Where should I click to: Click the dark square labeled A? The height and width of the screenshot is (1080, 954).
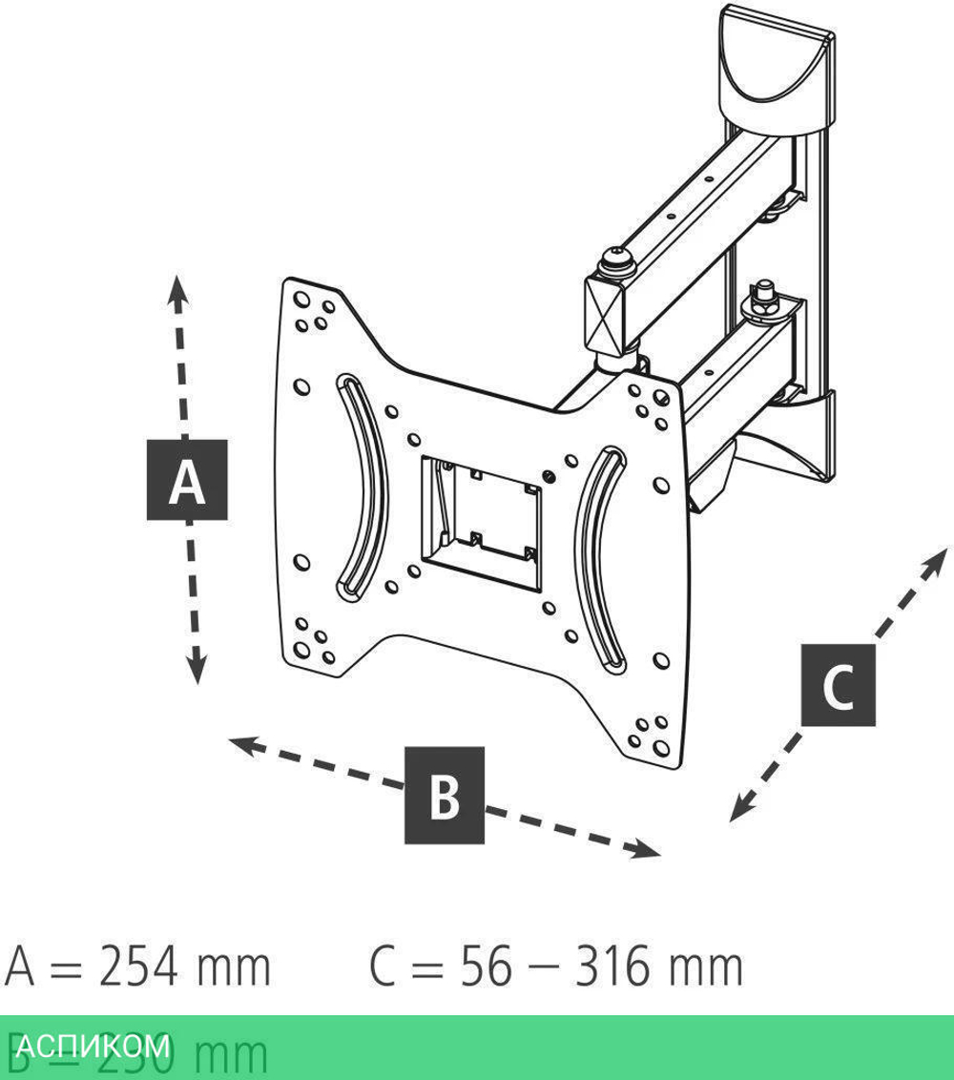(x=187, y=480)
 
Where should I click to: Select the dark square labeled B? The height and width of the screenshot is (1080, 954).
(x=445, y=796)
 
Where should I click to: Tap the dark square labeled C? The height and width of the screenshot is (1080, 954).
(x=838, y=685)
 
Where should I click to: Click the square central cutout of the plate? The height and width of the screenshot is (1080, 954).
(x=481, y=512)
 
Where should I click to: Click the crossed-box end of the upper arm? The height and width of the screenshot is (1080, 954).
(x=605, y=310)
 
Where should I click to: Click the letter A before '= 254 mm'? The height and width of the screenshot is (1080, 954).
(x=22, y=967)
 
